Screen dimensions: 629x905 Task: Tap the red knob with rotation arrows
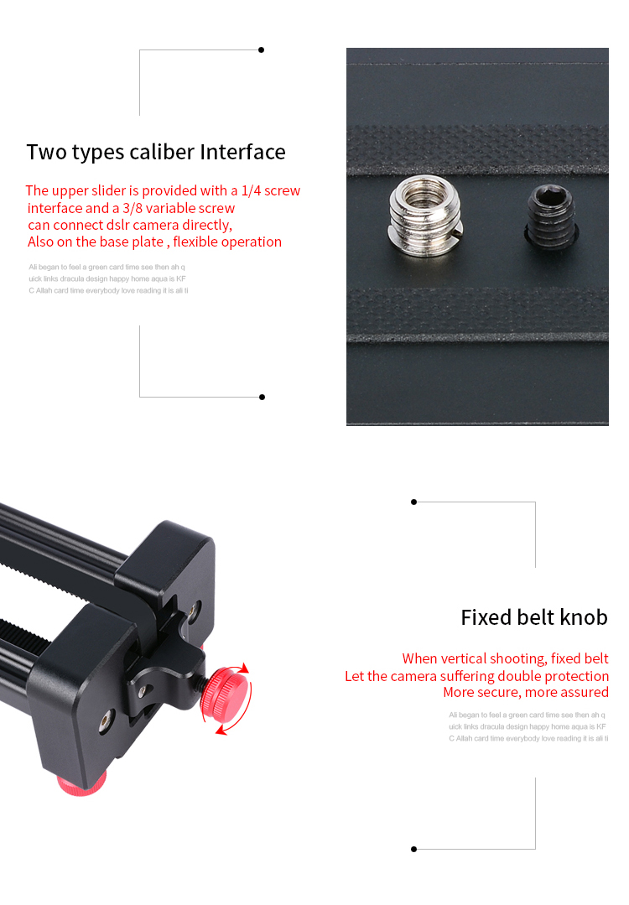pos(225,692)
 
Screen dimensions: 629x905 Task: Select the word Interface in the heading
pos(243,152)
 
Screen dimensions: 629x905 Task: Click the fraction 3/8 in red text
pos(133,208)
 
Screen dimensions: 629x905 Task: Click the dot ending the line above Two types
pos(262,50)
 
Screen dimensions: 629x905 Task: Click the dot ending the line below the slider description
pos(262,397)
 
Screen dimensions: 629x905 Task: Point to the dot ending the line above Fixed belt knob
pos(413,502)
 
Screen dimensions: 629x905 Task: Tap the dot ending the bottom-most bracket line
pos(413,849)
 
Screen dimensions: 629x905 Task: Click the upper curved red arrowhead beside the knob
pos(244,668)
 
